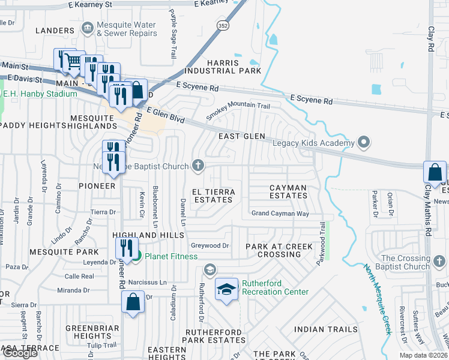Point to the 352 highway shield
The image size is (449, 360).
(223, 26)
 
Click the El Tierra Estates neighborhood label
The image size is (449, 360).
(212, 195)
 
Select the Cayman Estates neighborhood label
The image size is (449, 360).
(288, 191)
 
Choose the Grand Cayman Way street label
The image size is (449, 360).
(280, 214)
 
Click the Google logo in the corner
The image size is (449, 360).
(20, 353)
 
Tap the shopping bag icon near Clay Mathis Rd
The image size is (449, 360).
(434, 172)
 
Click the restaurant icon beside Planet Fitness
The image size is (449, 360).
(127, 248)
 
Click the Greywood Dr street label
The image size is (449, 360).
(209, 245)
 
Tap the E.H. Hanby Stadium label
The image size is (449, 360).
(40, 94)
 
